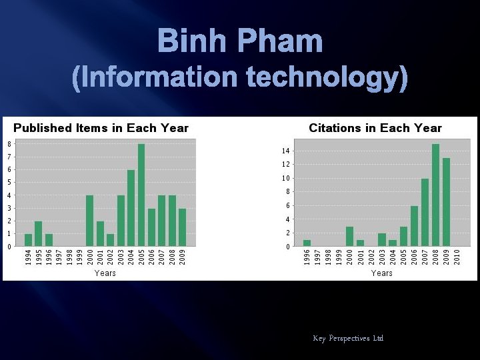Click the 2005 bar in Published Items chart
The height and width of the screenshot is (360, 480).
pyautogui.click(x=141, y=195)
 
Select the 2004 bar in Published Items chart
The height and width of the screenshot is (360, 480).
pyautogui.click(x=131, y=208)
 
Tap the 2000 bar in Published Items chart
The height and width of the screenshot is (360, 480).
pyautogui.click(x=90, y=221)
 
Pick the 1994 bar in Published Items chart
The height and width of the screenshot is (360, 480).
pyautogui.click(x=28, y=240)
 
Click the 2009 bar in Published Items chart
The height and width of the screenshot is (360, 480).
pyautogui.click(x=182, y=227)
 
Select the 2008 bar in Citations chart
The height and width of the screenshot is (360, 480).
pyautogui.click(x=435, y=195)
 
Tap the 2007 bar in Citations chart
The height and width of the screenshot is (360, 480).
pyautogui.click(x=425, y=213)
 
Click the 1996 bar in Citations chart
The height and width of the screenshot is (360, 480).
pyautogui.click(x=307, y=243)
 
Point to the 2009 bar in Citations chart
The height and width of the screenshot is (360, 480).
pyautogui.click(x=446, y=202)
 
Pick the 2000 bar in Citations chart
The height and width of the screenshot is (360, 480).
pyautogui.click(x=349, y=237)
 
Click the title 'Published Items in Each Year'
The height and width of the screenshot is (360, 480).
pyautogui.click(x=101, y=128)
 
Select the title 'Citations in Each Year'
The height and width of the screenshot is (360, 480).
pyautogui.click(x=375, y=128)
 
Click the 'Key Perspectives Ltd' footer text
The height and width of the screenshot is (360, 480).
pyautogui.click(x=348, y=339)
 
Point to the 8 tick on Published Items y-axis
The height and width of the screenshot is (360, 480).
pyautogui.click(x=9, y=144)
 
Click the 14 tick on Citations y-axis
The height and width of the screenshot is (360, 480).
pyautogui.click(x=285, y=151)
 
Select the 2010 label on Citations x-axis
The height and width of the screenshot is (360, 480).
pyautogui.click(x=457, y=257)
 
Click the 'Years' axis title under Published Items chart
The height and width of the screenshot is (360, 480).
pyautogui.click(x=105, y=273)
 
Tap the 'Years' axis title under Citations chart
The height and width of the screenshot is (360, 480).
pyautogui.click(x=381, y=273)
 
